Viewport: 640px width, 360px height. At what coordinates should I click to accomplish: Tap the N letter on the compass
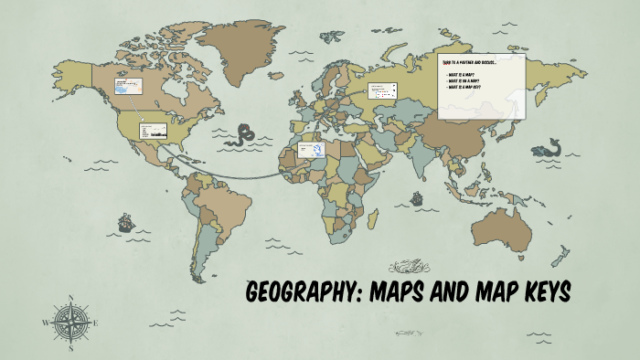71,297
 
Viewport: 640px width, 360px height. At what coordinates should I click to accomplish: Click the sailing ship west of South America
124,222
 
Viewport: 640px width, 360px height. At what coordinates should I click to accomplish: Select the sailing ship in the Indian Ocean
416,197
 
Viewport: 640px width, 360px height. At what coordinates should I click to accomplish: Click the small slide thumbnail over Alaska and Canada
128,87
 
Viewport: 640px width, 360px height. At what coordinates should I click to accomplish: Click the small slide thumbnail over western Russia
382,90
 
